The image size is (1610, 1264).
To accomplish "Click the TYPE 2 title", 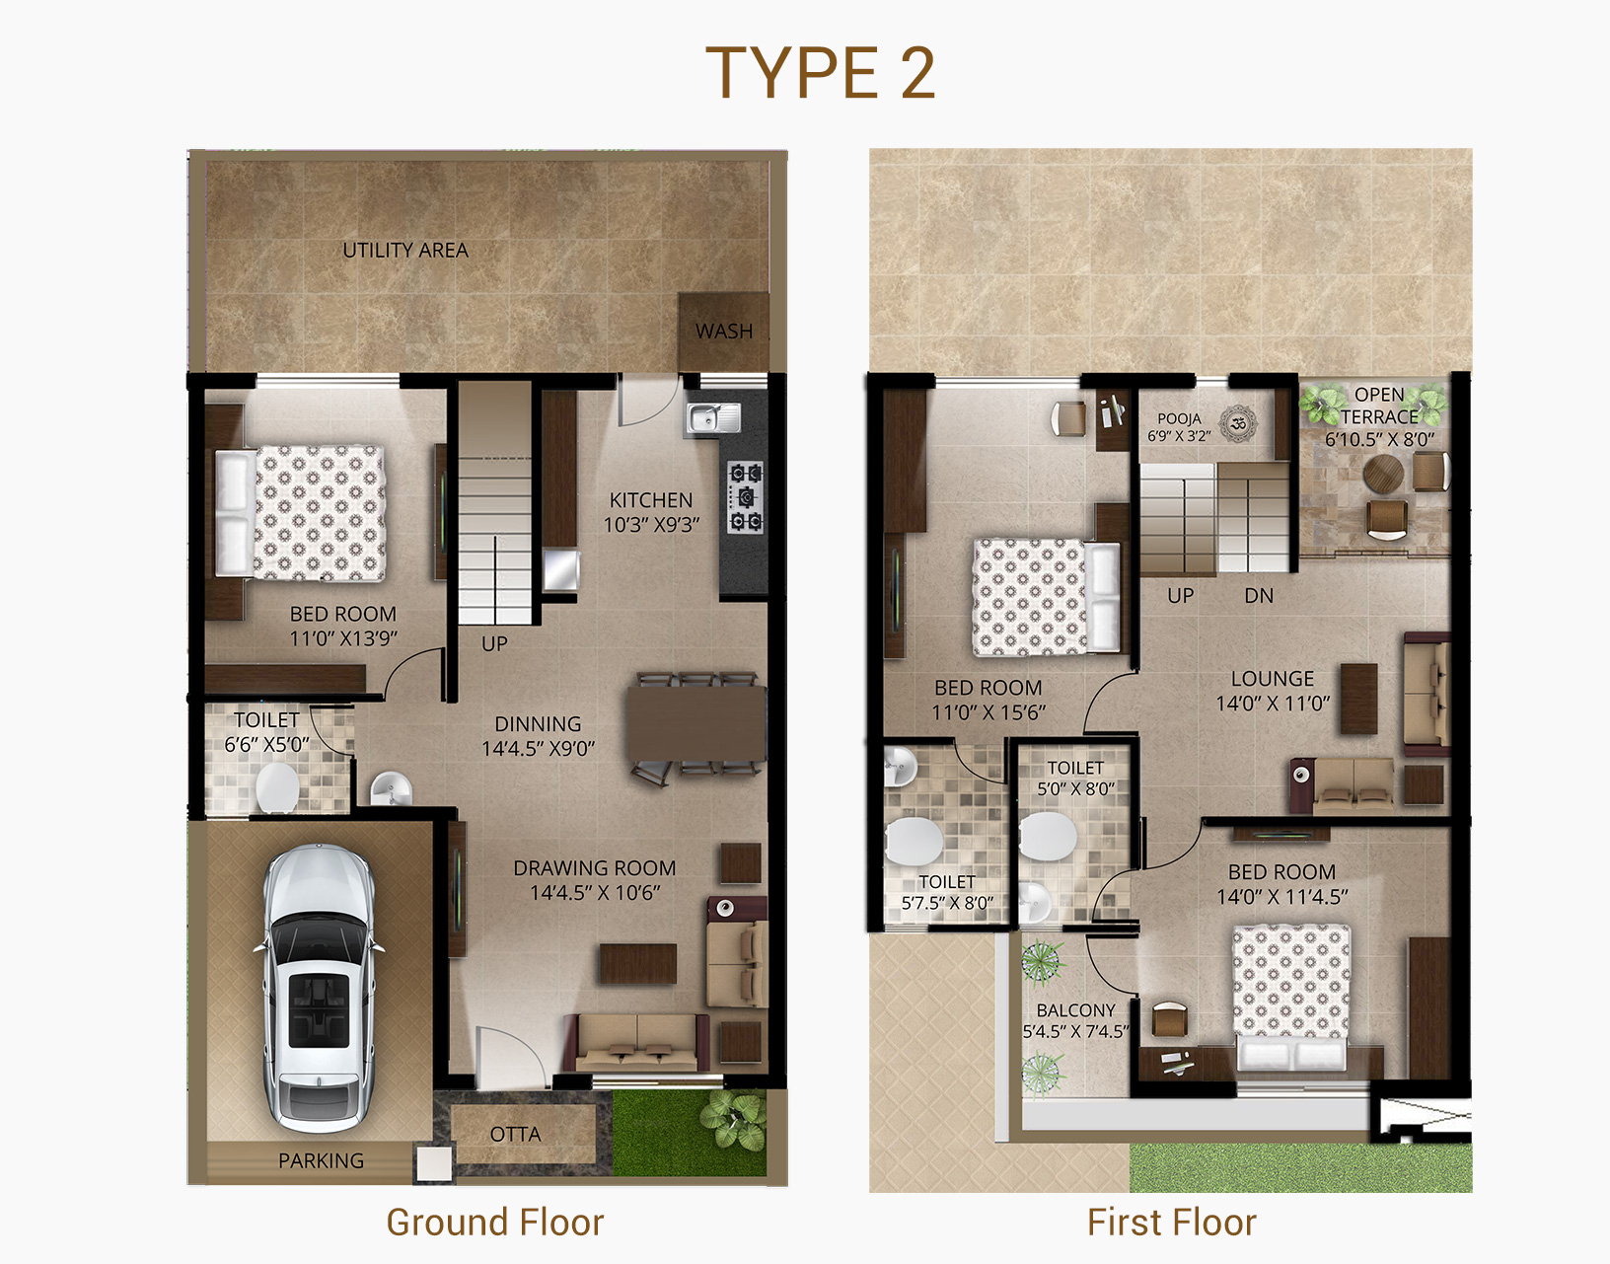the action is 820,72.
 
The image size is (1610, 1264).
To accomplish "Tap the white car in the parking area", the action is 319,988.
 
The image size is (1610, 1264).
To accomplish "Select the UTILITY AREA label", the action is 405,251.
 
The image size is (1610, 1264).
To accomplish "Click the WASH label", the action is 724,332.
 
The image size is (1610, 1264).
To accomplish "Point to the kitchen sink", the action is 712,418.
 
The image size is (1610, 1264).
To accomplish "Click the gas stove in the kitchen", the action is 746,496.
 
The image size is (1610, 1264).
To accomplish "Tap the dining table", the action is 696,722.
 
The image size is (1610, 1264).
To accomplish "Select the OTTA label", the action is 515,1135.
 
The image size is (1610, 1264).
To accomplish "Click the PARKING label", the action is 321,1160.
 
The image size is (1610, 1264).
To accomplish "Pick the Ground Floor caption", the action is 495,1222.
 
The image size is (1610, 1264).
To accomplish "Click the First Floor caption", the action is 1171,1222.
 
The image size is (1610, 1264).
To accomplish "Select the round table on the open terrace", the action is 1383,473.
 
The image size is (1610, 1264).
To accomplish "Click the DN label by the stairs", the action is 1259,596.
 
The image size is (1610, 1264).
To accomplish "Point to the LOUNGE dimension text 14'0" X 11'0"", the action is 1273,704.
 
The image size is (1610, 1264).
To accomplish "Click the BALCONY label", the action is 1076,1010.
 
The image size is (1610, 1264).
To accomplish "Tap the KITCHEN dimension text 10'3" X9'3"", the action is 651,525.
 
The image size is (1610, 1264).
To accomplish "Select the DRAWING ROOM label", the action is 594,868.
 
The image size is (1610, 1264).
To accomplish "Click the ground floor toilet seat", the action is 277,787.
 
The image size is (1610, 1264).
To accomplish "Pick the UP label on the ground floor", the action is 494,644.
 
